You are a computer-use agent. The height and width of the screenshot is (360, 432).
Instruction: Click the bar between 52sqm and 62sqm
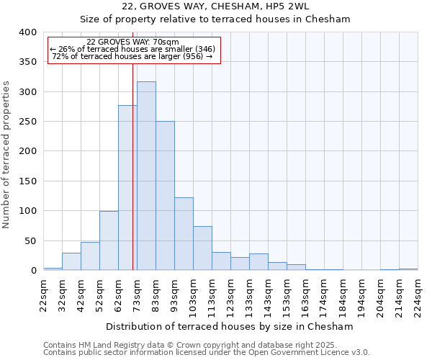[x=109, y=241]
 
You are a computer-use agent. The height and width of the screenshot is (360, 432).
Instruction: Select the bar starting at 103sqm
[x=202, y=248]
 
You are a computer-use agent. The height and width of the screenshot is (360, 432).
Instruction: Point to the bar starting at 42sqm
[x=90, y=256]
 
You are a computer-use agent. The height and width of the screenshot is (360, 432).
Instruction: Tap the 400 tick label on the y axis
[x=27, y=32]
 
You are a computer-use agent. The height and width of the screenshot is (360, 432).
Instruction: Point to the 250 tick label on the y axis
[x=27, y=122]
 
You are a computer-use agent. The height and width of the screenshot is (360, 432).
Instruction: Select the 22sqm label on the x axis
[x=43, y=294]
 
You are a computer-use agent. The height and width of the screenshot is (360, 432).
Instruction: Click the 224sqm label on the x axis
[x=418, y=296]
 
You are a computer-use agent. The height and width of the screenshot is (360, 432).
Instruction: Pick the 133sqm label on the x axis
[x=249, y=296]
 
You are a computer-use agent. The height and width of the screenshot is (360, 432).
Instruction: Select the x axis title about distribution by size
[x=230, y=326]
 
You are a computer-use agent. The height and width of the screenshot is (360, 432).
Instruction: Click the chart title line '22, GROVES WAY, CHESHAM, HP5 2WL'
[x=215, y=6]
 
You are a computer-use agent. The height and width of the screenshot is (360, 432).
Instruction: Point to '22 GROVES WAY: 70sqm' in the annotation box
[x=132, y=42]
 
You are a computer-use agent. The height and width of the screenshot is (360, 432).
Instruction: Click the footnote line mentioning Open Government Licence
[x=206, y=353]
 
